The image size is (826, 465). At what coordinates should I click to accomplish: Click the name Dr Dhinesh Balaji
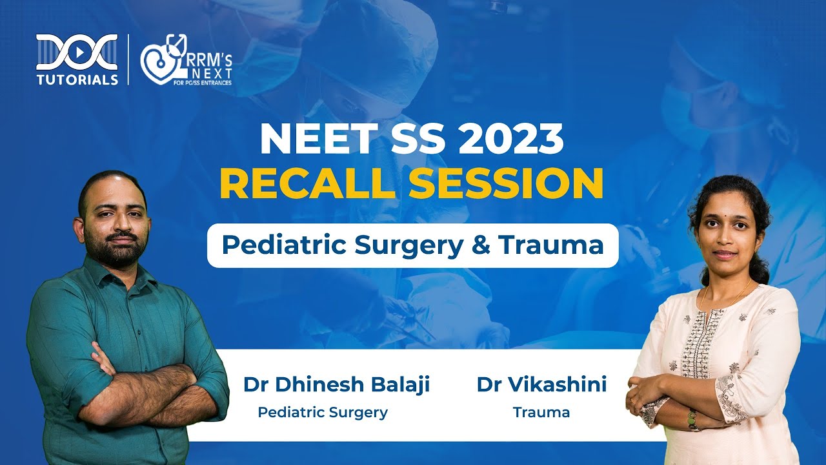(336, 385)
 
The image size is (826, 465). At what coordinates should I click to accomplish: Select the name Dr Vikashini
(541, 385)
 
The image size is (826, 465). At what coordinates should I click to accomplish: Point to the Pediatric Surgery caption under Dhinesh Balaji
(323, 412)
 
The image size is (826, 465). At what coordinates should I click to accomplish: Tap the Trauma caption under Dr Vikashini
(541, 412)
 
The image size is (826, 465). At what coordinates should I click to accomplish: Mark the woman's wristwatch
(692, 420)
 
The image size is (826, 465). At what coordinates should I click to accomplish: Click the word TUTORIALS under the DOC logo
(77, 79)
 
